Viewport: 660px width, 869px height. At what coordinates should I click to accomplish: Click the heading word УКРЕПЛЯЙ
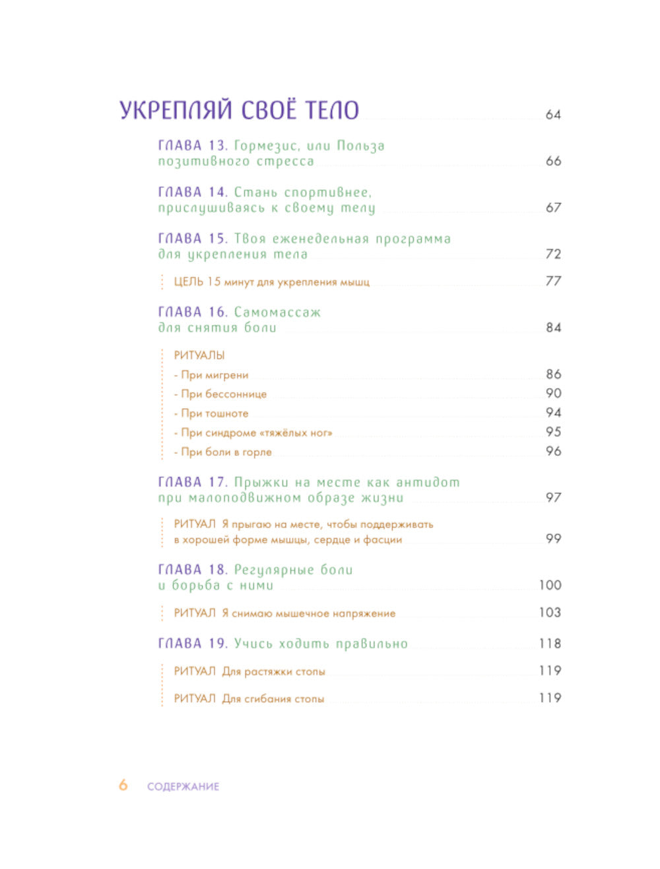(176, 109)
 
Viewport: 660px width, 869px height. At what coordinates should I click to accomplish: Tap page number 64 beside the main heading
(553, 115)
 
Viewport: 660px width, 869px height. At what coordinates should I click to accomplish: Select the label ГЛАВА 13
(193, 146)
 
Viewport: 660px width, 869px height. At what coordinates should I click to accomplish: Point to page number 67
(553, 208)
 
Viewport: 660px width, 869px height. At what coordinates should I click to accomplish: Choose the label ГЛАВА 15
(193, 239)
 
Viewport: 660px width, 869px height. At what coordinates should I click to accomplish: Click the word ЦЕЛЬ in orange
(188, 282)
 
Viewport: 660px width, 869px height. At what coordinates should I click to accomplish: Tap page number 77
(553, 282)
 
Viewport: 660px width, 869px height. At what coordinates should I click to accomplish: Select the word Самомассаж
(277, 312)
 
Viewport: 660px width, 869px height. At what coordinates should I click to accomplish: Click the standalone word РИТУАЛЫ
(199, 355)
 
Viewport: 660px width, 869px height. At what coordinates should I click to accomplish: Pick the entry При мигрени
(211, 375)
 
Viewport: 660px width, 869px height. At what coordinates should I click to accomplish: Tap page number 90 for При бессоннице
(553, 394)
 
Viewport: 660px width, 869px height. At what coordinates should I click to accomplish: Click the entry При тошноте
(211, 413)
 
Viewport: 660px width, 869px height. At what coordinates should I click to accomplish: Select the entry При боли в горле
(223, 452)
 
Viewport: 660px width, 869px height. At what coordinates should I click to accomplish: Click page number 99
(553, 539)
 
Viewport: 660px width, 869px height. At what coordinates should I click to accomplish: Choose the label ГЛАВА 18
(193, 570)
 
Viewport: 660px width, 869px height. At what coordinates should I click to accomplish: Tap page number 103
(550, 613)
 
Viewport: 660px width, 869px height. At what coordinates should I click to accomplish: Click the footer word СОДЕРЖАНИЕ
(183, 787)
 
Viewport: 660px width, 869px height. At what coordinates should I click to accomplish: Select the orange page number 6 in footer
(123, 785)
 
